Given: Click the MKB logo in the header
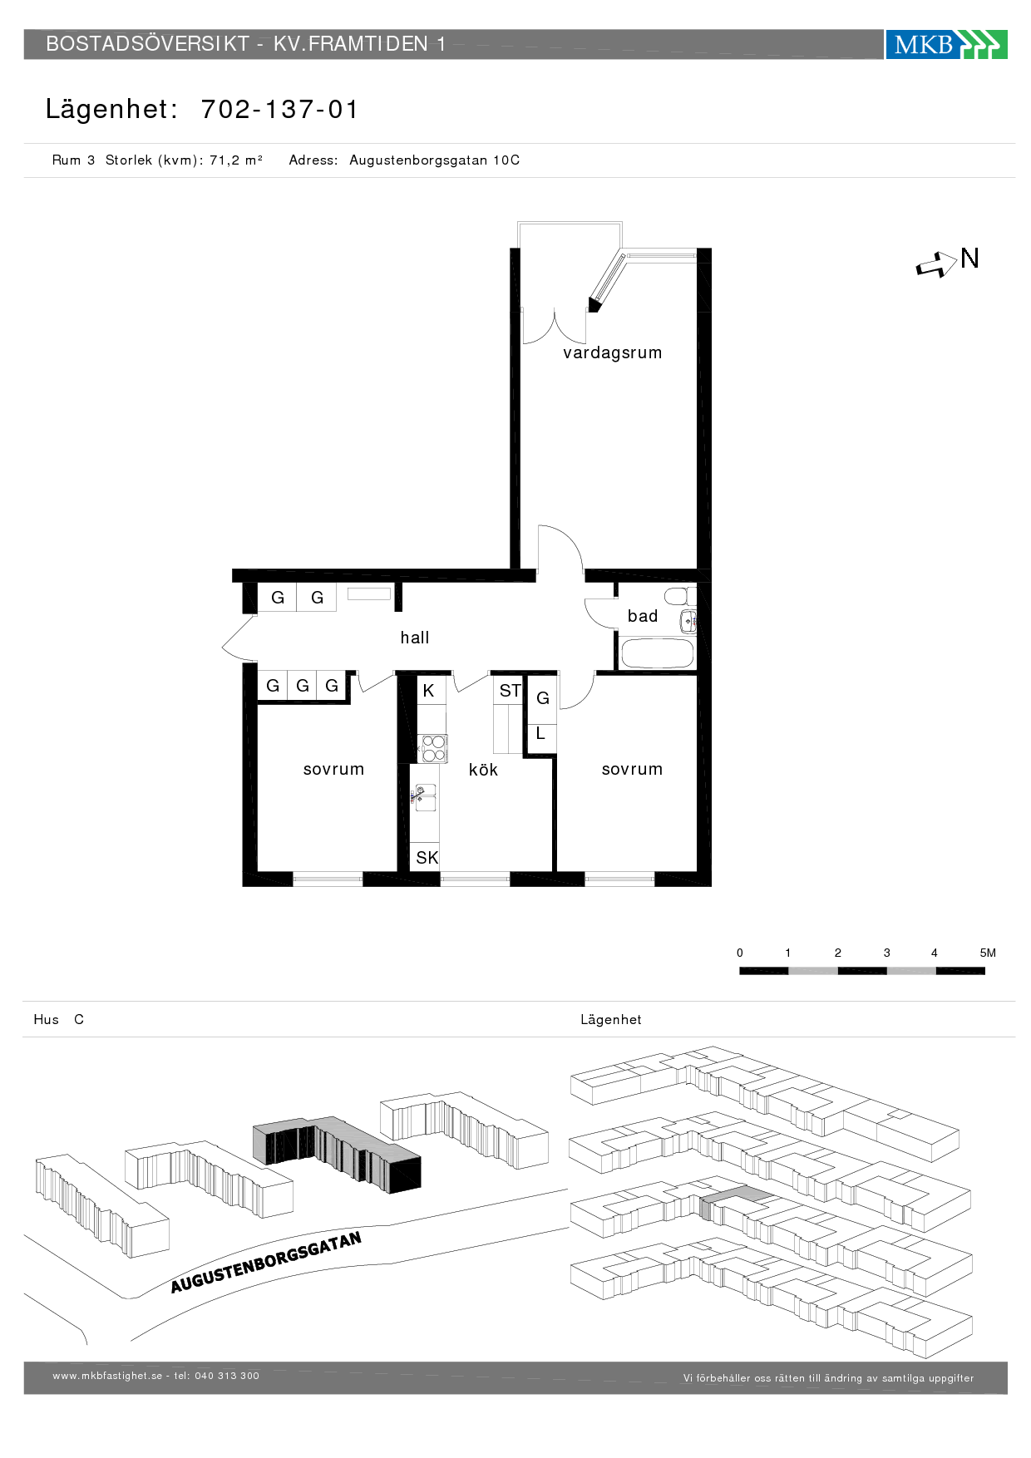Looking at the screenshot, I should [x=945, y=44].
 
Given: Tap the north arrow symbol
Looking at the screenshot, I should [x=937, y=265].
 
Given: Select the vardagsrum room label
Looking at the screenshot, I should [x=612, y=352].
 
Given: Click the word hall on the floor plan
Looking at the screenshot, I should [x=414, y=638].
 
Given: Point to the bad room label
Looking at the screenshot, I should [x=642, y=616].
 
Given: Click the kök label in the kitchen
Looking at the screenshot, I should [x=483, y=770].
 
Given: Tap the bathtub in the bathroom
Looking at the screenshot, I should [x=657, y=653].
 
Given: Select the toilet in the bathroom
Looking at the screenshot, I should [x=678, y=596].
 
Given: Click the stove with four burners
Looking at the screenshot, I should [x=432, y=748].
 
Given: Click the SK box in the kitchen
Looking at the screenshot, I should [x=427, y=858].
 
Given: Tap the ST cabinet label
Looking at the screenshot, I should [x=510, y=691].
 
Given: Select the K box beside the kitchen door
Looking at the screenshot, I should [x=428, y=691].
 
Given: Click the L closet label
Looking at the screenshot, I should [x=540, y=734].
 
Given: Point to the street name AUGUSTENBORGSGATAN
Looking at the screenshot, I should [x=266, y=1263].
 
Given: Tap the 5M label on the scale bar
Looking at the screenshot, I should [x=987, y=953].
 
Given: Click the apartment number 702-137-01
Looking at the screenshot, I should [x=279, y=110].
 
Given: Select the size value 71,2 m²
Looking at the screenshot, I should [x=236, y=160].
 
